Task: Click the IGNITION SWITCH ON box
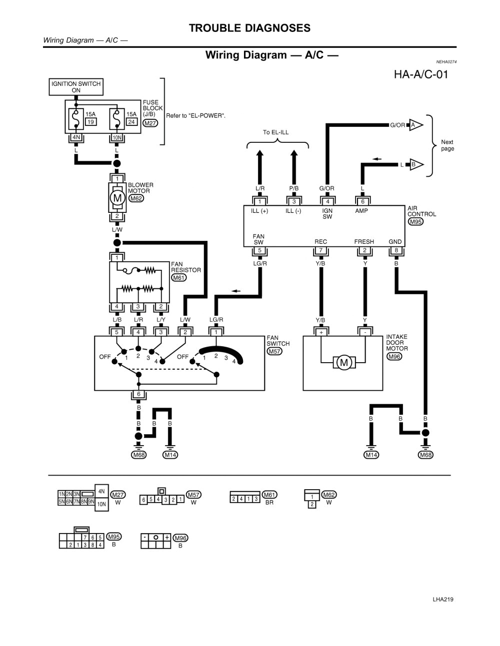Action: click(x=76, y=87)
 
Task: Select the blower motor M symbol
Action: click(x=117, y=198)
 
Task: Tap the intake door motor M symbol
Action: click(x=343, y=363)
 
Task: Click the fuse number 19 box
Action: click(x=90, y=121)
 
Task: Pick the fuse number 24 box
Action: click(x=131, y=121)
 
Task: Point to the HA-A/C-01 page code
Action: click(x=420, y=74)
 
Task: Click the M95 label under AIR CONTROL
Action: click(x=415, y=222)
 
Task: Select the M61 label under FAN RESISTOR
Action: click(x=178, y=278)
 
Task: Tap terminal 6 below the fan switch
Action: click(x=138, y=394)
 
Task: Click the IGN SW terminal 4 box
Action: click(x=327, y=201)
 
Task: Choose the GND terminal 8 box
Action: click(x=396, y=250)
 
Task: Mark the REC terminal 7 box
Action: click(x=320, y=250)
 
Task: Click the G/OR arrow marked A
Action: click(x=415, y=125)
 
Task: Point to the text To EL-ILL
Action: click(x=275, y=132)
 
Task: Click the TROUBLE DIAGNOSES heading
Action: click(x=249, y=28)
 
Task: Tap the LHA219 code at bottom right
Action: click(x=442, y=600)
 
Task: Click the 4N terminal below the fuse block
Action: click(x=76, y=137)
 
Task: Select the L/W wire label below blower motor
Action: click(x=117, y=230)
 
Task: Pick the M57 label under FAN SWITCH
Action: click(x=274, y=351)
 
